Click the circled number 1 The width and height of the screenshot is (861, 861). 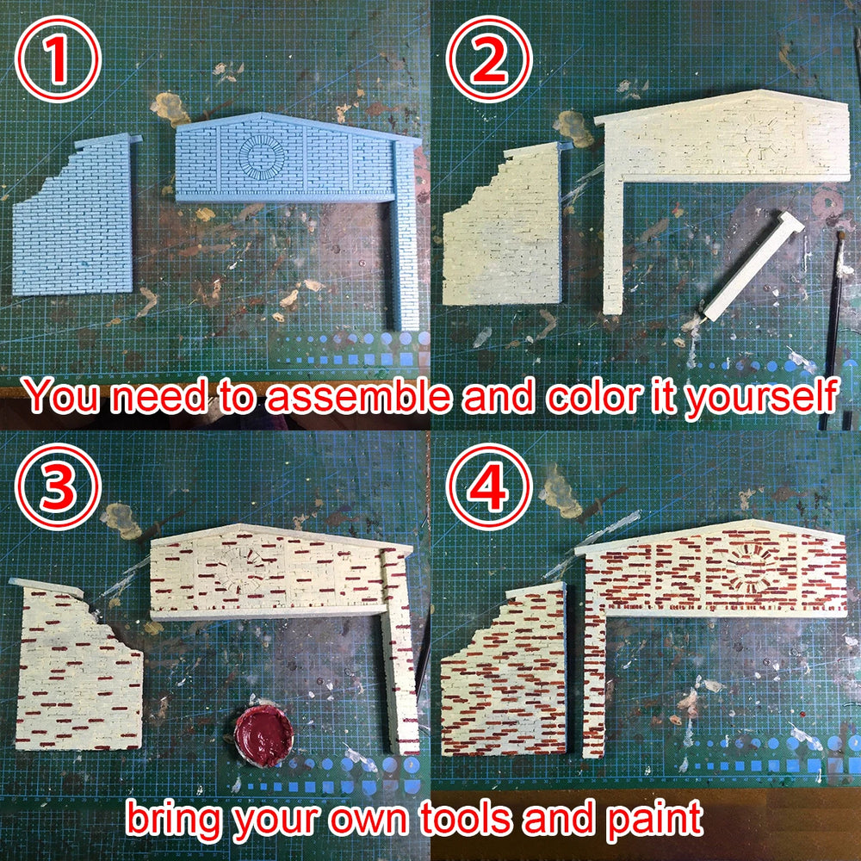click(x=58, y=59)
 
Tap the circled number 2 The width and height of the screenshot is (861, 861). click(x=489, y=59)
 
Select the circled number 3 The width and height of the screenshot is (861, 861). click(x=58, y=486)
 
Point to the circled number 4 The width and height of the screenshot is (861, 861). click(x=489, y=486)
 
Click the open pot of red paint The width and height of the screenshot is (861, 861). click(x=263, y=736)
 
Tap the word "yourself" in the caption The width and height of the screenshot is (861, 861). click(x=761, y=396)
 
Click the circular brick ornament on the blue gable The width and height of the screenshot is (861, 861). click(x=262, y=155)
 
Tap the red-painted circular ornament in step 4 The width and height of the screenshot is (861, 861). click(x=750, y=568)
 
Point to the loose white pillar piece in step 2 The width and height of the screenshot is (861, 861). click(x=753, y=266)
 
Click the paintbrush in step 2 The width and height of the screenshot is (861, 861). click(x=833, y=330)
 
